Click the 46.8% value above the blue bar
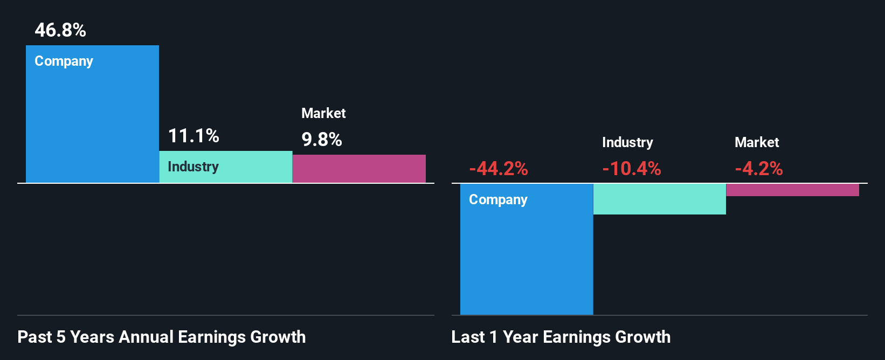coord(60,30)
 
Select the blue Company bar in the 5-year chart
coord(92,124)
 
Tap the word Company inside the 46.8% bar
coord(64,61)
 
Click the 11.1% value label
coord(193,136)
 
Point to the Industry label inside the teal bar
coord(193,167)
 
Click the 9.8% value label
coord(322,140)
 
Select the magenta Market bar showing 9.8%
coord(359,169)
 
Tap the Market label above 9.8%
coord(323,113)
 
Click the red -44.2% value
coord(499,169)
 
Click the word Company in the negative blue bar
coord(498,199)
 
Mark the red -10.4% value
coord(632,169)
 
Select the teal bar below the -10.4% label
coord(659,199)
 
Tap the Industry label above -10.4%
coord(627,142)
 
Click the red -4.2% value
coord(759,169)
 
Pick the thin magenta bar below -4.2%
coord(792,190)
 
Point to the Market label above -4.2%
coord(757,142)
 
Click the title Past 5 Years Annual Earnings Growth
coord(162,337)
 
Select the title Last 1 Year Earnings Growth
coord(561,337)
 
